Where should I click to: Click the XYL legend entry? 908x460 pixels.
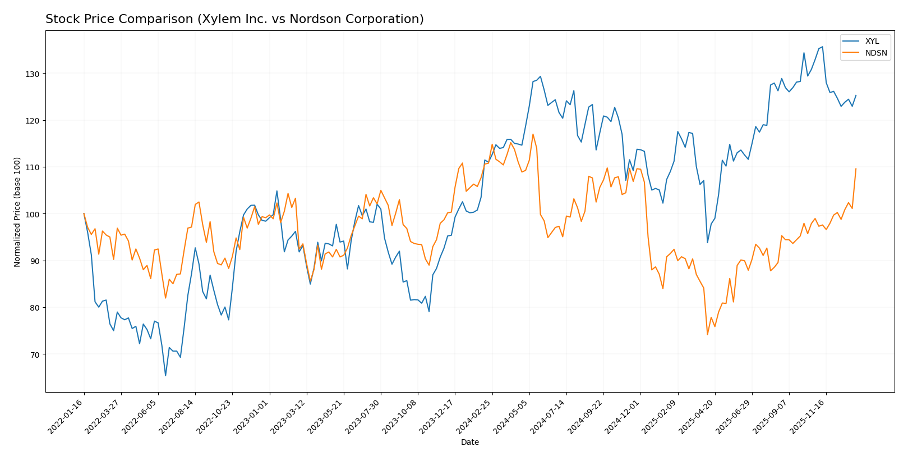pyautogui.click(x=872, y=42)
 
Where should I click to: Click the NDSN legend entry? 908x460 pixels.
pyautogui.click(x=875, y=53)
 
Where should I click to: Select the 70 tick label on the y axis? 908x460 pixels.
pyautogui.click(x=35, y=354)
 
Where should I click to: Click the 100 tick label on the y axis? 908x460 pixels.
pyautogui.click(x=33, y=214)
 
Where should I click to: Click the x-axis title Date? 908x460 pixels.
pyautogui.click(x=469, y=443)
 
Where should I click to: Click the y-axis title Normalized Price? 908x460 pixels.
pyautogui.click(x=17, y=212)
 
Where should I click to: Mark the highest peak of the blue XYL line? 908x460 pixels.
pyautogui.click(x=822, y=47)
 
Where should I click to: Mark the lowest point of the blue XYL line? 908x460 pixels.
pyautogui.click(x=165, y=376)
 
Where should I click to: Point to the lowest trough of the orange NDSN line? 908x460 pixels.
pyautogui.click(x=707, y=335)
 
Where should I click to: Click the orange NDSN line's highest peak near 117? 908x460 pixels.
pyautogui.click(x=533, y=134)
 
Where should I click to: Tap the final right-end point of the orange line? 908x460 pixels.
pyautogui.click(x=856, y=168)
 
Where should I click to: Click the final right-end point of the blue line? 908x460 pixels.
pyautogui.click(x=856, y=95)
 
